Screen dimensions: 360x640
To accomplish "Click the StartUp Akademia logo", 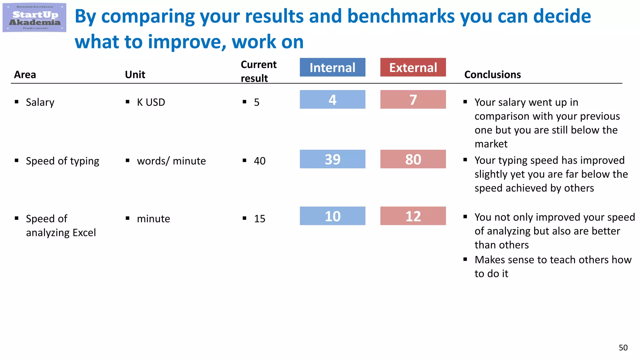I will point(34,17).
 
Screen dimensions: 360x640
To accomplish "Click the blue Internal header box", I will point(332,67).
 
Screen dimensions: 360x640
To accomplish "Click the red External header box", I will point(413,67).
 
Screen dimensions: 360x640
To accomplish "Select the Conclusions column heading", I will point(492,75).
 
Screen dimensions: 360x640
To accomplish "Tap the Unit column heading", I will point(135,75).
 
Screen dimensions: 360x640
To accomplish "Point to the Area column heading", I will point(25,75).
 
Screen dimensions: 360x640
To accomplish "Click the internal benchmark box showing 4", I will point(332,100).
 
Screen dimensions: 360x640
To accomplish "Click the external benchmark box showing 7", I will point(413,100).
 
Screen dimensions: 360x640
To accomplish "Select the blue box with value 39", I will point(332,159).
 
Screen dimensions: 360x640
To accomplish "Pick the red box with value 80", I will point(413,159).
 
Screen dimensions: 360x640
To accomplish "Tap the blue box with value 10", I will point(332,216).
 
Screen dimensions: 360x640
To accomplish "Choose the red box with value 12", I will point(413,216).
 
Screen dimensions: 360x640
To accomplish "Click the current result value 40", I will point(260,161).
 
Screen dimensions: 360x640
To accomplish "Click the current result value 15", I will point(260,219).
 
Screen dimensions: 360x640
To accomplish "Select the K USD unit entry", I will point(151,102).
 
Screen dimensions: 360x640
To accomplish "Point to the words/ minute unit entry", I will point(171,161).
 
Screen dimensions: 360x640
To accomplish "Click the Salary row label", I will point(40,102).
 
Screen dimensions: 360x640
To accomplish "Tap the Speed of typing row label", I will point(62,161).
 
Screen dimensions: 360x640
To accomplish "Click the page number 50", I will point(623,348).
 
